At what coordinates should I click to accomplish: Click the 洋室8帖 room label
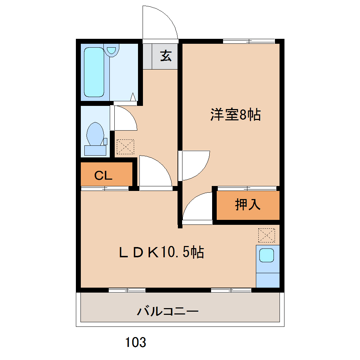pyautogui.click(x=235, y=115)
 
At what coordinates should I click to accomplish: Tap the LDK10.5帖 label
pyautogui.click(x=161, y=252)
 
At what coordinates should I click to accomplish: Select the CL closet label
pyautogui.click(x=103, y=176)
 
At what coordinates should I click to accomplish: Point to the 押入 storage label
pyautogui.click(x=248, y=204)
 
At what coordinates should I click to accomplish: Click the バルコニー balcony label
pyautogui.click(x=168, y=311)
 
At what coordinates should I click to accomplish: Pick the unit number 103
pyautogui.click(x=136, y=342)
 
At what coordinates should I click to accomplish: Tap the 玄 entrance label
pyautogui.click(x=166, y=56)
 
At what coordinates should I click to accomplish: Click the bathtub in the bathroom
pyautogui.click(x=94, y=72)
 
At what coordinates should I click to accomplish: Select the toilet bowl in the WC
pyautogui.click(x=95, y=134)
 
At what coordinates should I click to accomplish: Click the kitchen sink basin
pyautogui.click(x=266, y=255)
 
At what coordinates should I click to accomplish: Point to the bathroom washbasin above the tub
pyautogui.click(x=111, y=50)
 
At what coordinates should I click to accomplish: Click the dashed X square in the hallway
pyautogui.click(x=125, y=147)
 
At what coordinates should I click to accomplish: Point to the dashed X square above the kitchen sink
pyautogui.click(x=266, y=235)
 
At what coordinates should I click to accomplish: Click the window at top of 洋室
pyautogui.click(x=249, y=41)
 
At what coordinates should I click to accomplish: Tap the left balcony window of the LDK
pyautogui.click(x=127, y=290)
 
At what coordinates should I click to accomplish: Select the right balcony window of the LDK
pyautogui.click(x=231, y=290)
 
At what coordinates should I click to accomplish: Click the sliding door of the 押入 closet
pyautogui.click(x=247, y=188)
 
